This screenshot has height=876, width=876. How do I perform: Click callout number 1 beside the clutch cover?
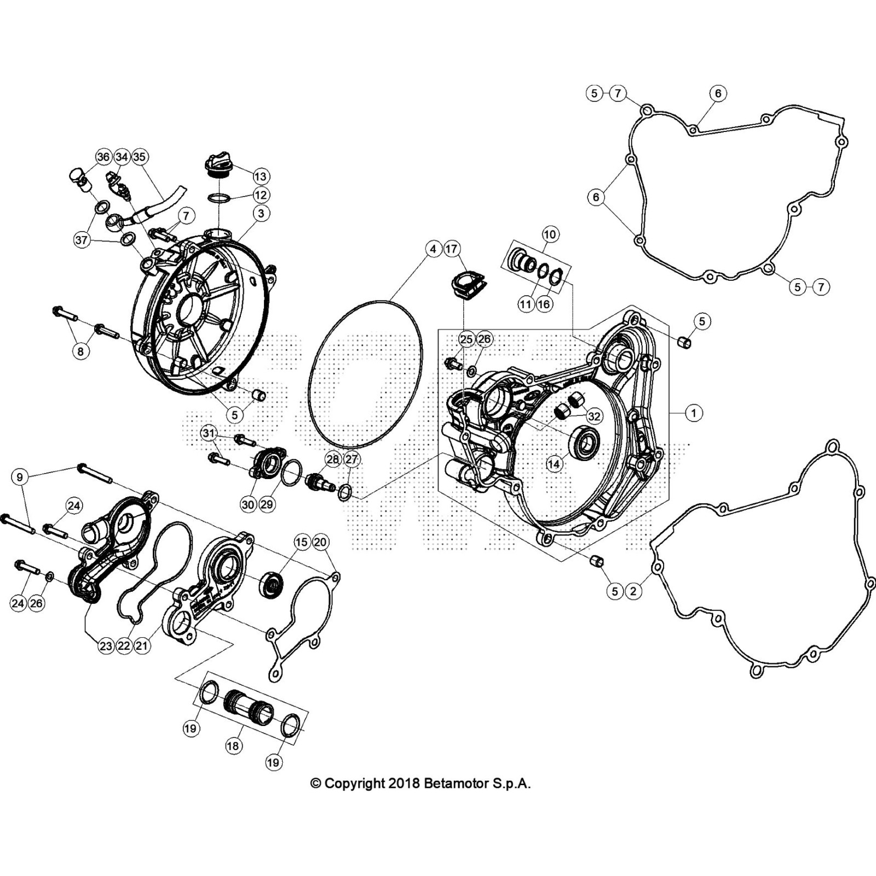(694, 413)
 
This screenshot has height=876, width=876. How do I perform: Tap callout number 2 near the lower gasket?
(633, 591)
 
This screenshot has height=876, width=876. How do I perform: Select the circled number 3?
(261, 213)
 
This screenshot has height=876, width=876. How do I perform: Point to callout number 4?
(433, 249)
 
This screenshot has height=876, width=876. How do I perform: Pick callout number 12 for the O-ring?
(261, 194)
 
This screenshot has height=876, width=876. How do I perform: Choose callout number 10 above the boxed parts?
(550, 234)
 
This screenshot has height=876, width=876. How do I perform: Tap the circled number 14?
(554, 464)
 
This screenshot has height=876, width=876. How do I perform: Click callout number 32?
(593, 416)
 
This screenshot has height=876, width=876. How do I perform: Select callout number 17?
(451, 249)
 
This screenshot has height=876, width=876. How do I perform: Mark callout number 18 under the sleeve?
(234, 746)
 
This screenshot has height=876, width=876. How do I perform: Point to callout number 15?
(302, 543)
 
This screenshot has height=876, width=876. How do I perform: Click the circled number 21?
(142, 646)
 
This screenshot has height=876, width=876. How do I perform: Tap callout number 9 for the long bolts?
(20, 477)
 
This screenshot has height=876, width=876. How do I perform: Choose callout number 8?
(80, 351)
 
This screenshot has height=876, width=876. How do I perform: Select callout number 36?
(103, 157)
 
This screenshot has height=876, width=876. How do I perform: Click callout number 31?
(208, 434)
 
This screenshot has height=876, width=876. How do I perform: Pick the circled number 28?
(333, 459)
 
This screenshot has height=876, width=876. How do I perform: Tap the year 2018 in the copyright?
(405, 783)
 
